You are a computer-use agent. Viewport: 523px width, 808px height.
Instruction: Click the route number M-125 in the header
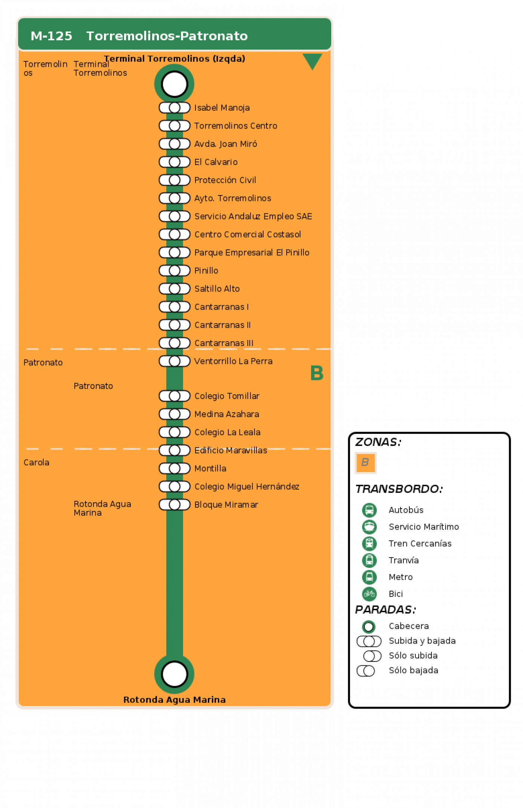[51, 36]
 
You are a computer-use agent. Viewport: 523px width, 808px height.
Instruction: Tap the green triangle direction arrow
[312, 61]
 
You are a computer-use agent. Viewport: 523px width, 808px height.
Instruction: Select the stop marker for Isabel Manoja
[175, 108]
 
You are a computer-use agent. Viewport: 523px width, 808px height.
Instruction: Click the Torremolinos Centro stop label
[236, 126]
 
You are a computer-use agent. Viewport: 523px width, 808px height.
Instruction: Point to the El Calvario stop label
[216, 162]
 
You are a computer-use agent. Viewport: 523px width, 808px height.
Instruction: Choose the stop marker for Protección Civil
[175, 180]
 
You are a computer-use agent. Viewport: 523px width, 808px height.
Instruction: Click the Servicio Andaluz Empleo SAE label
[253, 216]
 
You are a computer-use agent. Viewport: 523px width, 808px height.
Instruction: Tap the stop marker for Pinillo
[175, 271]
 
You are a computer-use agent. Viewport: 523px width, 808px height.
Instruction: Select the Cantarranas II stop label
[222, 325]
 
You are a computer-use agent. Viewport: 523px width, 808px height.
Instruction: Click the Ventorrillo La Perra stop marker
[175, 361]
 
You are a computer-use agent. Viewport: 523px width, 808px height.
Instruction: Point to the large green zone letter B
[317, 373]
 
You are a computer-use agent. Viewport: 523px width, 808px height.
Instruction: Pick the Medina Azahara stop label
[227, 414]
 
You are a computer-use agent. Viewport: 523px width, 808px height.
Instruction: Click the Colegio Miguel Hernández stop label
[247, 487]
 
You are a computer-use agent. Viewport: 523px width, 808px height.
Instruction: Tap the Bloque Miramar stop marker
[175, 505]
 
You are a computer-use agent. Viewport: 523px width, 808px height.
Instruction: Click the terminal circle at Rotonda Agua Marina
[174, 674]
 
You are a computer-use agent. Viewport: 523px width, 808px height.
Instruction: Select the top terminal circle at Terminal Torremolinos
[174, 84]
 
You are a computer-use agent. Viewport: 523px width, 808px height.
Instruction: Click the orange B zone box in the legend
[365, 463]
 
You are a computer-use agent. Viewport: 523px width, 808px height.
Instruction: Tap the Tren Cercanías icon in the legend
[369, 543]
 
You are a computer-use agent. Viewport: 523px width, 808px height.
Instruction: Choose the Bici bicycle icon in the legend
[369, 594]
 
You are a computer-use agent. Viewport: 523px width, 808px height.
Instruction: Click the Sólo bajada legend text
[413, 670]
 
